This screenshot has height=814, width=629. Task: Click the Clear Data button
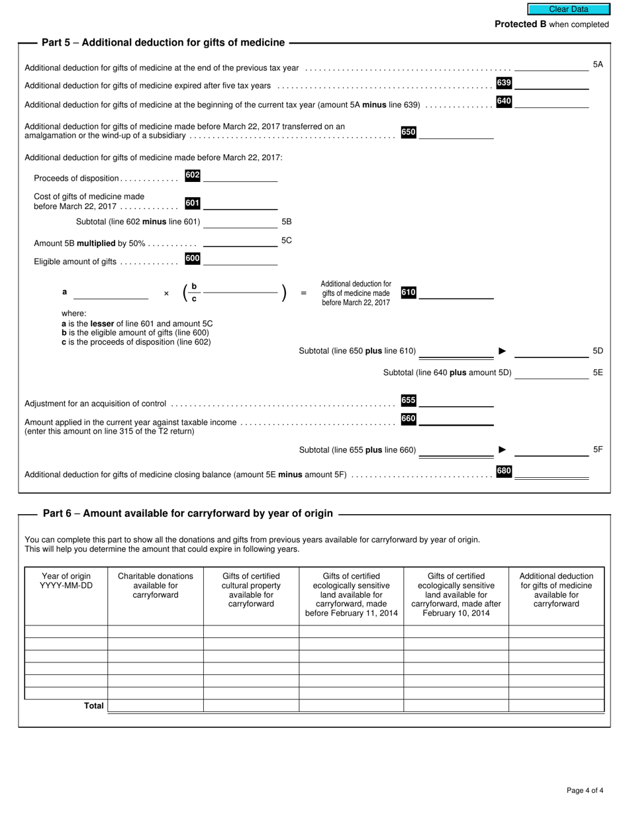pos(568,9)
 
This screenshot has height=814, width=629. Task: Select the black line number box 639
pos(504,83)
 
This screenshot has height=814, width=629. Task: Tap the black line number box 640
pos(504,101)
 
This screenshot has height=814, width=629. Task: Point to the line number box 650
pos(409,132)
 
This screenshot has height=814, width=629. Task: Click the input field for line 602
pos(240,176)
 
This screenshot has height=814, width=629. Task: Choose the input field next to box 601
pos(240,204)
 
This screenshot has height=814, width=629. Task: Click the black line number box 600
pos(193,259)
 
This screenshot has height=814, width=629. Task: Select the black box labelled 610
pos(409,293)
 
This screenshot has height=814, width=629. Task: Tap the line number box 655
pos(409,400)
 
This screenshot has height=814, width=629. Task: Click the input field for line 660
pos(456,420)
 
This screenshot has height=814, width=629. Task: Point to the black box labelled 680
pos(504,471)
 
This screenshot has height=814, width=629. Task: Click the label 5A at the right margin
pos(597,65)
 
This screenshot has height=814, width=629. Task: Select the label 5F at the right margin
pos(597,450)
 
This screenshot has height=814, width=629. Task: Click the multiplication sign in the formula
pos(166,293)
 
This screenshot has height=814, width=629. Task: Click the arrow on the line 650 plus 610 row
pos(503,351)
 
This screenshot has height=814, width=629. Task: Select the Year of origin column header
pos(66,581)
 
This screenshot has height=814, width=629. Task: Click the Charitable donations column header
pos(156,586)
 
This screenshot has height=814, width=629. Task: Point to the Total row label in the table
pos(93,706)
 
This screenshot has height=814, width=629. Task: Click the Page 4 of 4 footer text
pos(585,790)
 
